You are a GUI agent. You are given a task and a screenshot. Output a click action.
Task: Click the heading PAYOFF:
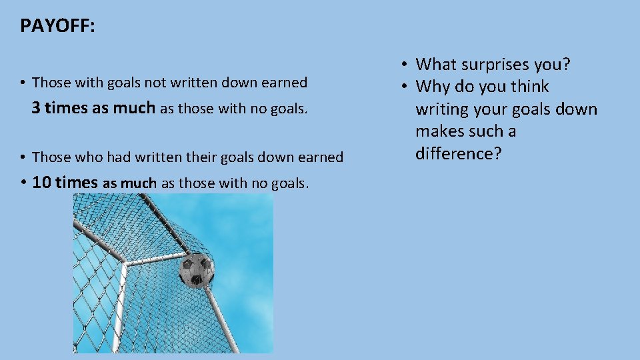pyautogui.click(x=58, y=26)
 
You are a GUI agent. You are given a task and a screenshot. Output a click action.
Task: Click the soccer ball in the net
pyautogui.click(x=197, y=269)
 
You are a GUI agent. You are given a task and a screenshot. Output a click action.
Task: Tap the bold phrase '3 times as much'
pyautogui.click(x=93, y=107)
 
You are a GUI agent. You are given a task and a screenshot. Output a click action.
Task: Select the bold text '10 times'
pyautogui.click(x=65, y=182)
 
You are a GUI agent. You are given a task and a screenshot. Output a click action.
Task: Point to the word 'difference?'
pyautogui.click(x=458, y=153)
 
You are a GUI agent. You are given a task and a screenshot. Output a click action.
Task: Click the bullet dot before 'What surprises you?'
pyautogui.click(x=405, y=65)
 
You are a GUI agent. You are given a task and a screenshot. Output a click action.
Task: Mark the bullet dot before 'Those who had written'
pyautogui.click(x=23, y=157)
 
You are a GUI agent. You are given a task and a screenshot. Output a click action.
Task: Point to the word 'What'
pyautogui.click(x=437, y=65)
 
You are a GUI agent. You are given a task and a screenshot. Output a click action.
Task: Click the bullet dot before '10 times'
pyautogui.click(x=23, y=183)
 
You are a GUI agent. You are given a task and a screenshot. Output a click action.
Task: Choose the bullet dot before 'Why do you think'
pyautogui.click(x=405, y=87)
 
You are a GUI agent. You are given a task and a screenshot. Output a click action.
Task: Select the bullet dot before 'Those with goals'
pyautogui.click(x=23, y=83)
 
